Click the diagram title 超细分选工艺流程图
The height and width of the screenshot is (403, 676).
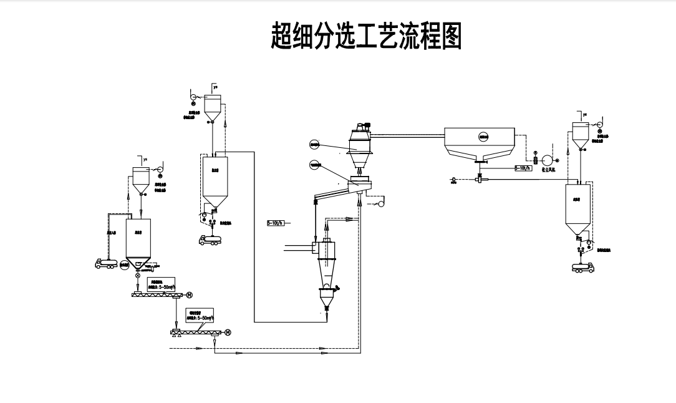pos(366,36)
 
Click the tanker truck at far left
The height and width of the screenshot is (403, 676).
pos(105,264)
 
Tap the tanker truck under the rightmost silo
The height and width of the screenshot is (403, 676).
pos(586,267)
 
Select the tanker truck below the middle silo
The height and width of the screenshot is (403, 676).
pos(209,238)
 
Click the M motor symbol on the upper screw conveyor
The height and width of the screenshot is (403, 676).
pos(190,294)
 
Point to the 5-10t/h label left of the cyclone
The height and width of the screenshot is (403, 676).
pos(275,223)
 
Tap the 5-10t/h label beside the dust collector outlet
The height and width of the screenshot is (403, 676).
pos(523,168)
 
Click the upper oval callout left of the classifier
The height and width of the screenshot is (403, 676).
pos(314,145)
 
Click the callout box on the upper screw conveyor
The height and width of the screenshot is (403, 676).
pos(162,285)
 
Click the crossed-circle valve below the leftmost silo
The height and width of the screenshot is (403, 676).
pos(138,276)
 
